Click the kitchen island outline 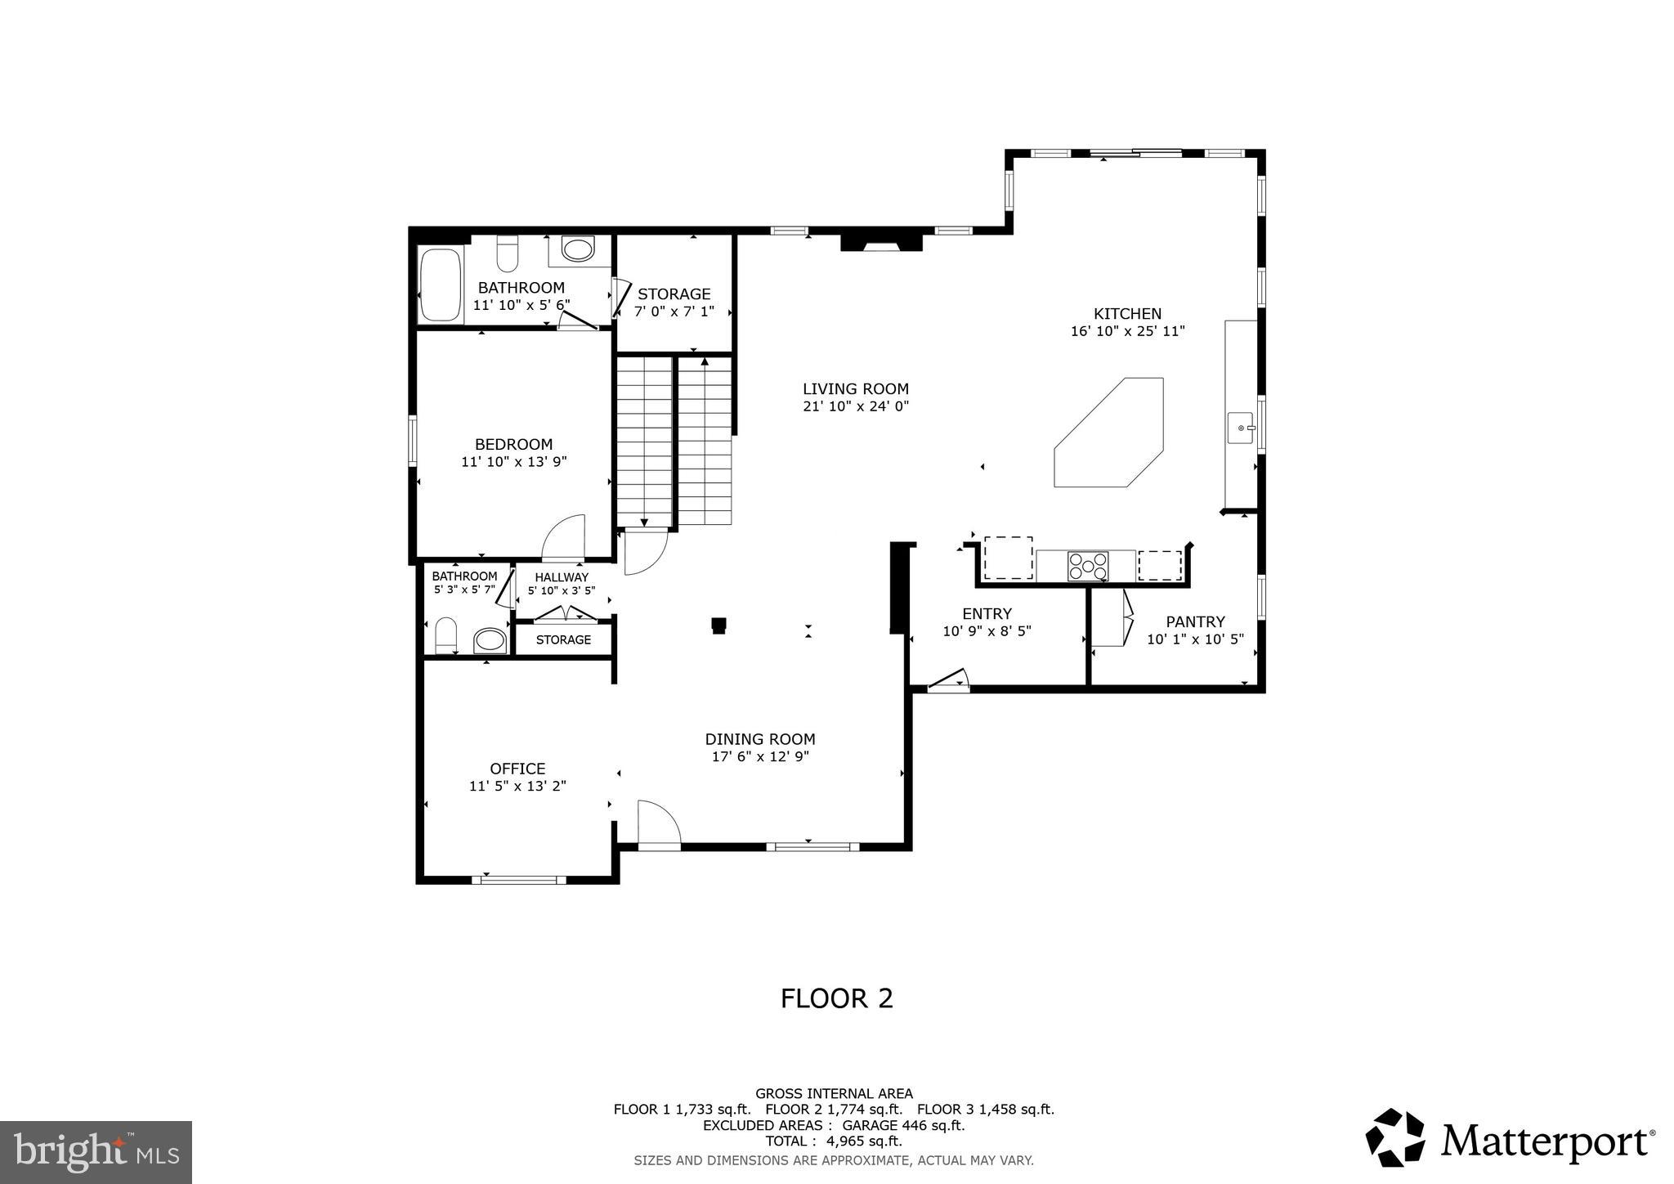click(1108, 433)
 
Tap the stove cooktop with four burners click(1088, 566)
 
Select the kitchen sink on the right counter click(1242, 428)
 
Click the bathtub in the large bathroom click(440, 284)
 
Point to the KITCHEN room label click(1127, 313)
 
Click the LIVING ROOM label click(855, 389)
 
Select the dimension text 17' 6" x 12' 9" click(760, 757)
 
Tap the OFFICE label click(517, 769)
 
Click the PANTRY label click(1195, 621)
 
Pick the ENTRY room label click(987, 613)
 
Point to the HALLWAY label click(562, 577)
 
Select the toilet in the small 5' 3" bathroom click(445, 635)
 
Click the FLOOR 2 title click(836, 998)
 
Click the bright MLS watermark click(96, 1152)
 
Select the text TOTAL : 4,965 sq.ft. click(833, 1141)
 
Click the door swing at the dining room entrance click(659, 825)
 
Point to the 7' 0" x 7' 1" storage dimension click(674, 312)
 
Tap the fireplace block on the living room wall click(881, 242)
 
